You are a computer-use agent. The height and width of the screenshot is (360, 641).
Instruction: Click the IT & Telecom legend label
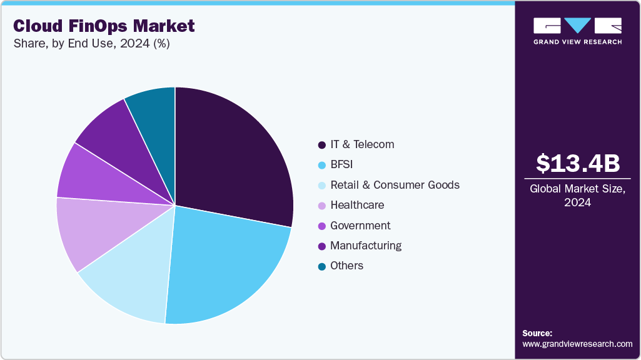click(362, 144)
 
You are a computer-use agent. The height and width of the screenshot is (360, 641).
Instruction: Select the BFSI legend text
click(342, 165)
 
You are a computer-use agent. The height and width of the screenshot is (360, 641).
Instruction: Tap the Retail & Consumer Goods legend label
click(395, 185)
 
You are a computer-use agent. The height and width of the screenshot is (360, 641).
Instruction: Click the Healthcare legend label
click(357, 205)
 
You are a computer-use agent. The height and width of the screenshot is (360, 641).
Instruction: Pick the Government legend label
click(360, 226)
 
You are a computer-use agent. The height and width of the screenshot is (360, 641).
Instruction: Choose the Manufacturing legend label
click(366, 246)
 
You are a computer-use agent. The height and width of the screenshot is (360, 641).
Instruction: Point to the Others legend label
click(346, 266)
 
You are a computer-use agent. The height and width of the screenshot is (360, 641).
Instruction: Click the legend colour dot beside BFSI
click(321, 165)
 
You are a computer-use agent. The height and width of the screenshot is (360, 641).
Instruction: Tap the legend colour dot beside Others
click(321, 266)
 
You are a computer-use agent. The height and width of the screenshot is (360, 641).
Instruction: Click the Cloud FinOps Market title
click(104, 26)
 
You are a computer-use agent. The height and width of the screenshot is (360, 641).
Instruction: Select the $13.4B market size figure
click(578, 164)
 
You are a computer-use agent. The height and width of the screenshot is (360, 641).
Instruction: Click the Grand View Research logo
click(577, 31)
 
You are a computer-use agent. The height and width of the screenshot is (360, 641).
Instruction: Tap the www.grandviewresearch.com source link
click(577, 344)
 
